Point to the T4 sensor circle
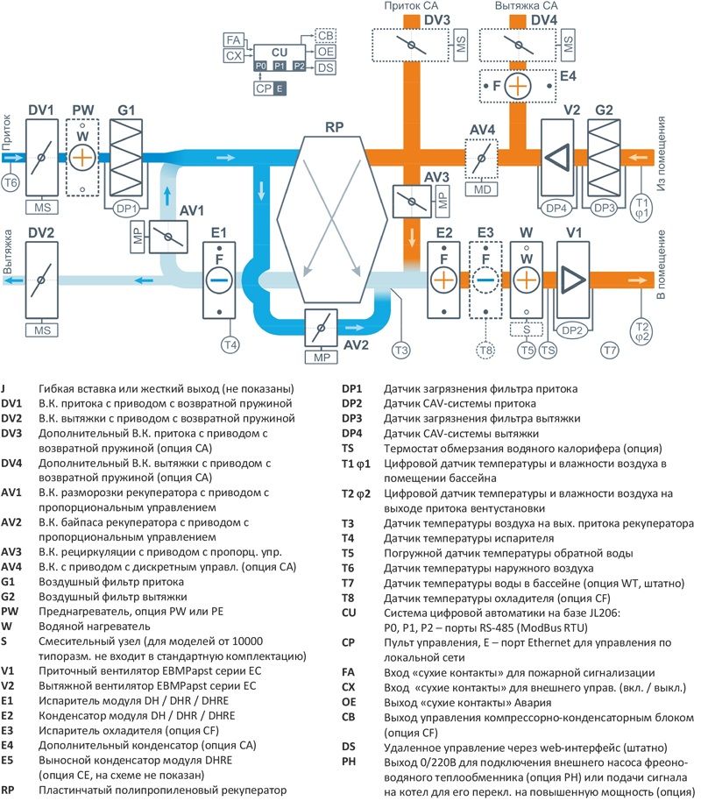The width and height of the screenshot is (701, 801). [230, 345]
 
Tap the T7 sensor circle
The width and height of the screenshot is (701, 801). [610, 351]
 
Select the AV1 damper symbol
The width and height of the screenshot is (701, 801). [166, 236]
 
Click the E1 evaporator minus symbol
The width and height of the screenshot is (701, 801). [219, 280]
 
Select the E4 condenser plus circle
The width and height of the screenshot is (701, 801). [518, 86]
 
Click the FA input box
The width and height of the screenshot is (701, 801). [233, 39]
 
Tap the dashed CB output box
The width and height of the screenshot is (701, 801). [326, 36]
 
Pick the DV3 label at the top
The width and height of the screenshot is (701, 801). [438, 19]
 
